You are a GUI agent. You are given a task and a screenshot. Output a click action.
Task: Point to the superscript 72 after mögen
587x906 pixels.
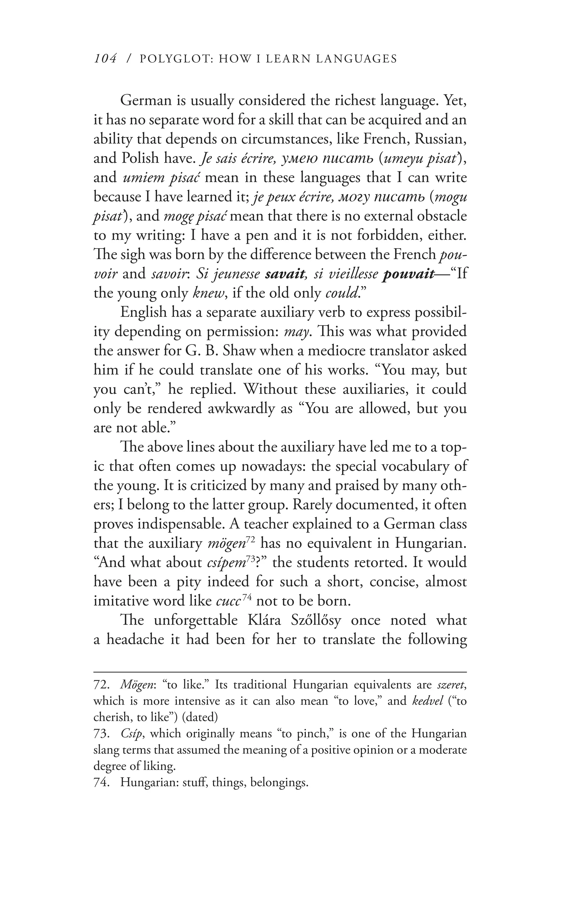(x=250, y=539)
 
